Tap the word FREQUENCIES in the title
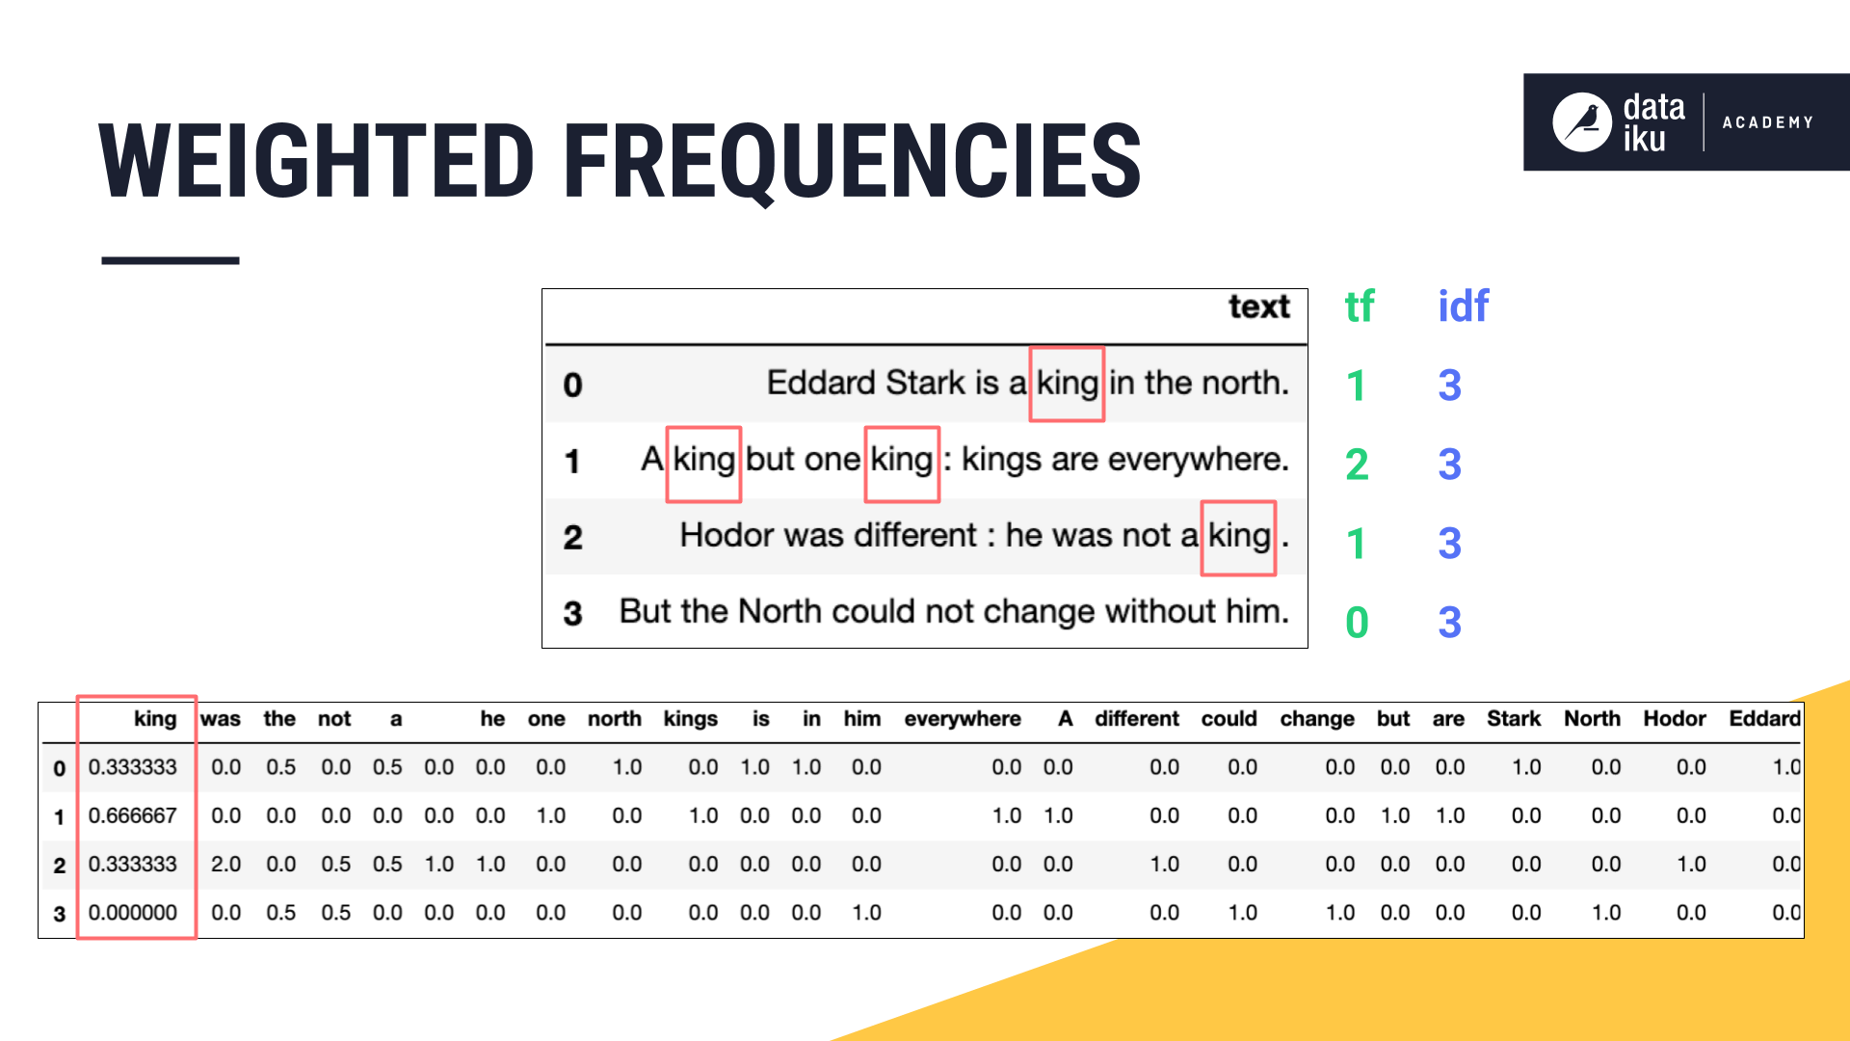click(853, 162)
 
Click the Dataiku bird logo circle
click(1581, 122)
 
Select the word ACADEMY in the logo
click(1767, 122)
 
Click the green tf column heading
click(1359, 307)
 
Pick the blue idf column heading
click(1463, 307)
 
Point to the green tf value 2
click(1357, 465)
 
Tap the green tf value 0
click(1357, 623)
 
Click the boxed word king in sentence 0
click(1067, 385)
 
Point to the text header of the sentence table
click(1258, 307)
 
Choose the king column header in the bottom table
click(155, 719)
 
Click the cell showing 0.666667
click(133, 815)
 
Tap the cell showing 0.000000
click(133, 913)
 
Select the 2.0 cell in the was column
click(226, 864)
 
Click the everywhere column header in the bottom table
click(963, 719)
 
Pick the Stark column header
click(1514, 719)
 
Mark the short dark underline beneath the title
click(171, 260)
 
